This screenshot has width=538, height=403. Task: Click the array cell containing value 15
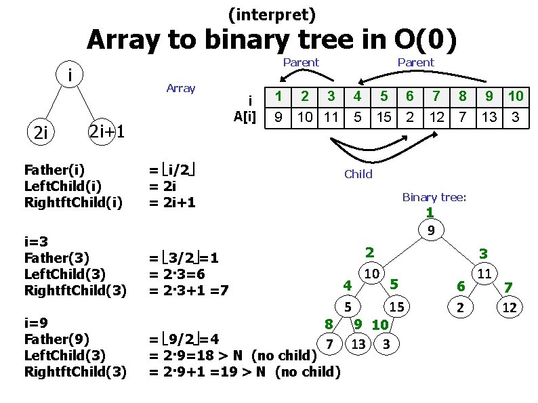[x=384, y=117]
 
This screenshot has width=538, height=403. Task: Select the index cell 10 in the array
[x=515, y=97]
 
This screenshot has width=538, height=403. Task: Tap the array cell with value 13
[x=489, y=117]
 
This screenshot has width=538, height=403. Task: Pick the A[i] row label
[x=245, y=116]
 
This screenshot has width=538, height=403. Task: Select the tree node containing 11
[x=484, y=274]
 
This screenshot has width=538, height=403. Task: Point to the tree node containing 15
[x=396, y=307]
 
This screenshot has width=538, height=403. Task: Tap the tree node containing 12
[x=510, y=307]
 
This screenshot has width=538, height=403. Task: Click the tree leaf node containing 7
[x=329, y=344]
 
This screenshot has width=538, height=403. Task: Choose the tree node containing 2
[x=461, y=307]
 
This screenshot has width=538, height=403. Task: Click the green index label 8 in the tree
[x=328, y=324]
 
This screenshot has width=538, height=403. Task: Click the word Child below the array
[x=358, y=174]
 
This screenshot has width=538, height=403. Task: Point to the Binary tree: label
[x=434, y=197]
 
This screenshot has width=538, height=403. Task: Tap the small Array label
[x=180, y=88]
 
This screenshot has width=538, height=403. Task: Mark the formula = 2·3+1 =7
[x=188, y=291]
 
